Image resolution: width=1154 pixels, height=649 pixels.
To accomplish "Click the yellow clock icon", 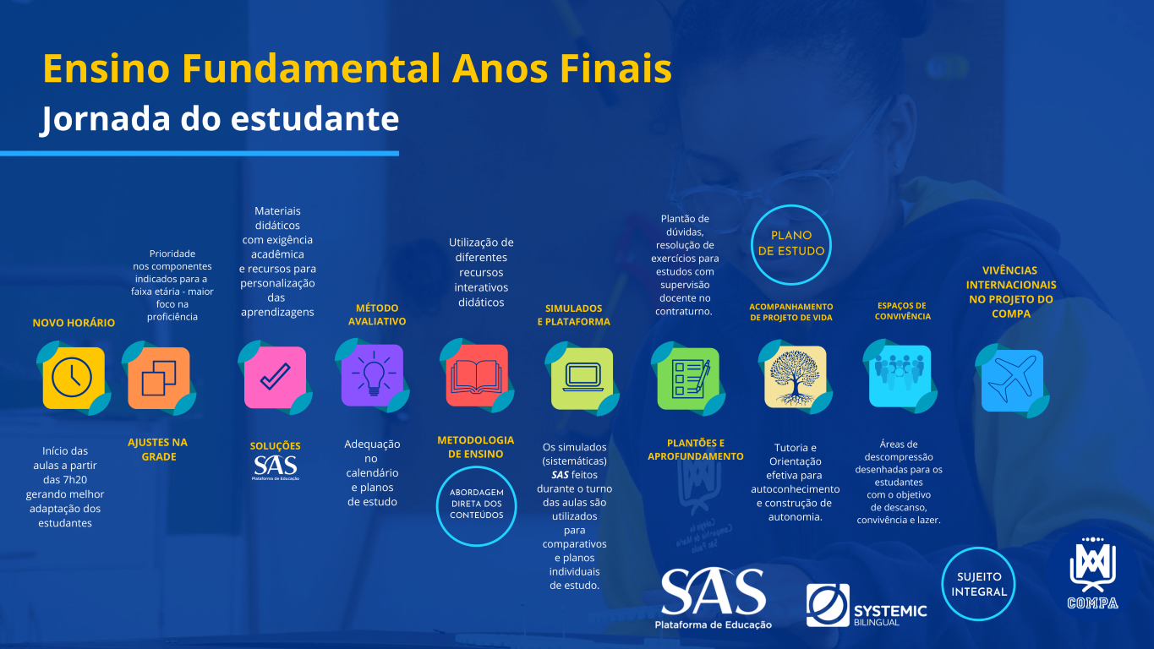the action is point(74,378).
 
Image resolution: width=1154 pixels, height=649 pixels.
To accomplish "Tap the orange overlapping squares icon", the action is point(159,378).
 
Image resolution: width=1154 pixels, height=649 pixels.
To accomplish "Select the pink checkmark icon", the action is point(275,377).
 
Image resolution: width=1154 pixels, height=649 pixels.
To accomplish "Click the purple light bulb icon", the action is point(373,375).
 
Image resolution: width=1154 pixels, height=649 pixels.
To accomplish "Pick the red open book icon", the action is point(477,376).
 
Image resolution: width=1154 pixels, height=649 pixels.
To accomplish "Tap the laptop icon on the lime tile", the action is point(582,379).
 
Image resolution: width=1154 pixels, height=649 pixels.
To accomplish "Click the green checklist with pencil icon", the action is point(688,379).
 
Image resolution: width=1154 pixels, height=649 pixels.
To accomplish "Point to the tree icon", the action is point(796,377).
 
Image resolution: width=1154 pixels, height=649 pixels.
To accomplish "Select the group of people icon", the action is point(900,376).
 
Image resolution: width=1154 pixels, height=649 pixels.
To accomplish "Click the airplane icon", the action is point(1012,380).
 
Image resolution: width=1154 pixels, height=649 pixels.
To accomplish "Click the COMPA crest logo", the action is point(1092,573).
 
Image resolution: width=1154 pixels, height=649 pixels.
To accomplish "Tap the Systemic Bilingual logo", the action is point(867,605).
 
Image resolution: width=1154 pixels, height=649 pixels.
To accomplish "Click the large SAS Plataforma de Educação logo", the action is point(713,598).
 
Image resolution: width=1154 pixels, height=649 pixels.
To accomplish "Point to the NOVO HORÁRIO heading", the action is point(74,323).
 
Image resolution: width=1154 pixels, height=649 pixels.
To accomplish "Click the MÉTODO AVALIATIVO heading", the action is point(377,314).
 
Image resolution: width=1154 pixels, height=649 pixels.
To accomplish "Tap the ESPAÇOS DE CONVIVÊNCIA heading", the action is point(903,311).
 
